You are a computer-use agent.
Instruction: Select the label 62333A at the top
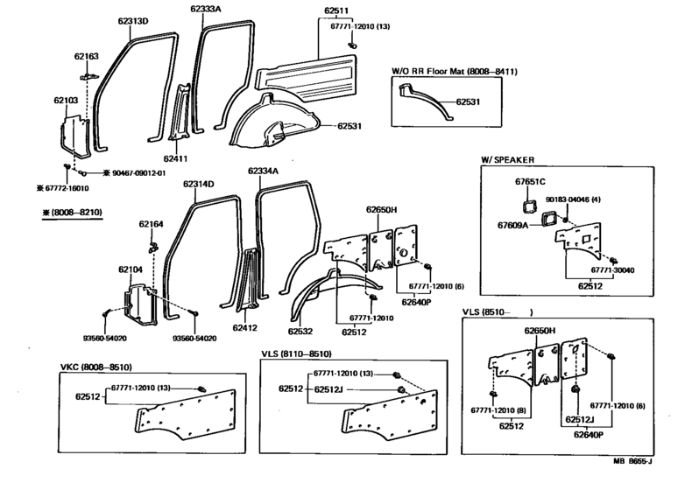[208, 8]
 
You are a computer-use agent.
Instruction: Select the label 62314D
[199, 184]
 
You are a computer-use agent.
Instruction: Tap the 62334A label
[262, 171]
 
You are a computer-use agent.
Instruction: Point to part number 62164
[150, 224]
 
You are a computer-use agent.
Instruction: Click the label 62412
[245, 328]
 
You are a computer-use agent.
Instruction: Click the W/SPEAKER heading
[507, 159]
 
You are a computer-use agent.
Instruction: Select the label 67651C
[530, 181]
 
